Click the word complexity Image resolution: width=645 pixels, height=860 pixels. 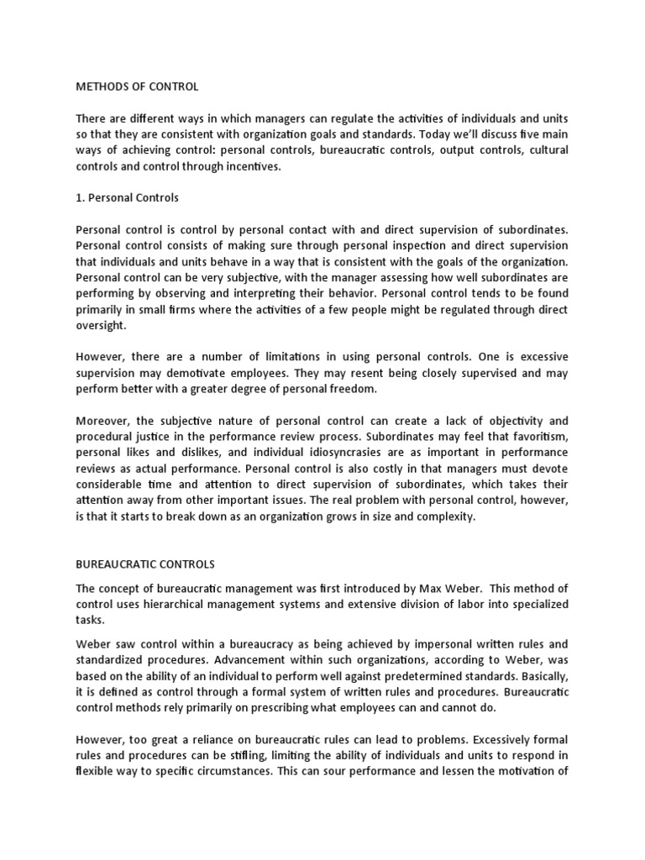(x=444, y=517)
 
